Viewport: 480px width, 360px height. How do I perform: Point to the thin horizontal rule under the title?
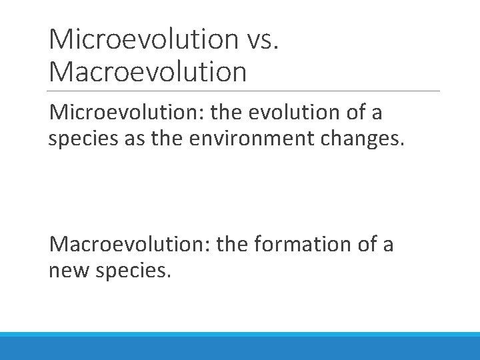tap(244, 91)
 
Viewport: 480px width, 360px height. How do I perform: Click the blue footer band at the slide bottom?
tap(240, 346)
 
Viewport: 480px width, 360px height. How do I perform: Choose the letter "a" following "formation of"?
tap(388, 246)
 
